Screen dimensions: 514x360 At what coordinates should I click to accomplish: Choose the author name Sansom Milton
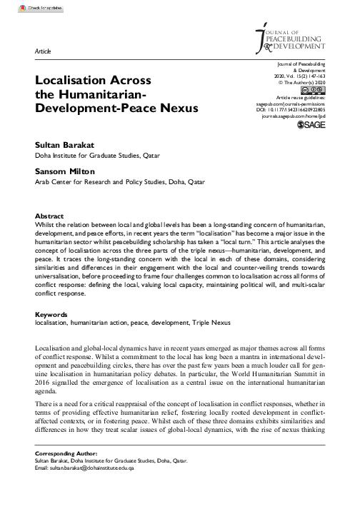(x=64, y=171)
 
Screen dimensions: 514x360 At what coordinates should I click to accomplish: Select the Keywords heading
(x=51, y=313)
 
